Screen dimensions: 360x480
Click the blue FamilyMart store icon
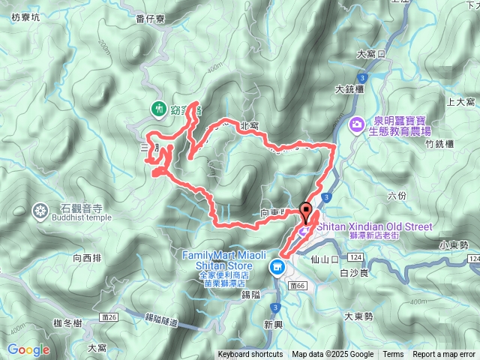pyautogui.click(x=277, y=265)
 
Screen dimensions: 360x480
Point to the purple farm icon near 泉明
pyautogui.click(x=357, y=123)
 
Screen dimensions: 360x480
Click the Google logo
pyautogui.click(x=28, y=349)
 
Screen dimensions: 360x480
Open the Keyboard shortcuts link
pyautogui.click(x=250, y=355)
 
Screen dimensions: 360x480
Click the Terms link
pyautogui.click(x=393, y=355)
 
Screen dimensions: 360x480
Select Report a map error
pyautogui.click(x=445, y=355)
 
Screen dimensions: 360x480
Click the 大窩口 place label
pyautogui.click(x=370, y=54)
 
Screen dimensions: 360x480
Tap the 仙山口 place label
pyautogui.click(x=319, y=259)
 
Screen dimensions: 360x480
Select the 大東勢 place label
pyautogui.click(x=358, y=316)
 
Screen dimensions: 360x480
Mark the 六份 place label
pyautogui.click(x=397, y=196)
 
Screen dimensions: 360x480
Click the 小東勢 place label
pyautogui.click(x=454, y=244)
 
